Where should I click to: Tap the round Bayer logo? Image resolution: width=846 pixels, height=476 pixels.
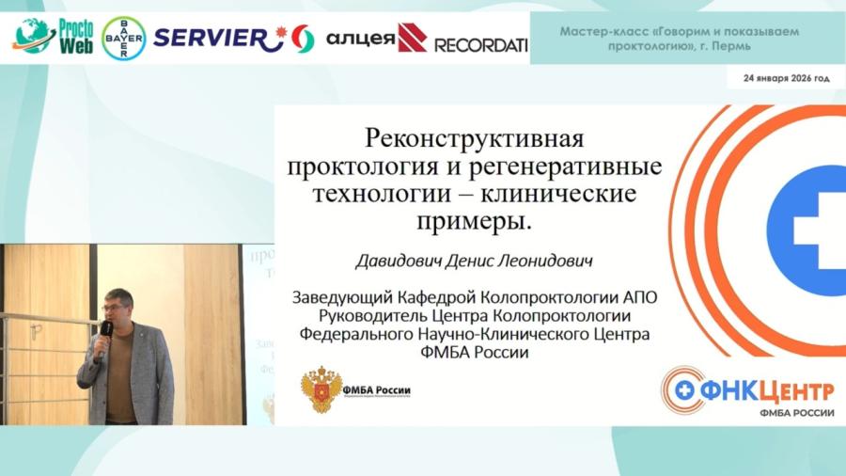123,38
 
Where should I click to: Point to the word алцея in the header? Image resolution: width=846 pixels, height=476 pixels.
361,39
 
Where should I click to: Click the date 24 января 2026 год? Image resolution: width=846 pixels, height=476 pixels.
787,79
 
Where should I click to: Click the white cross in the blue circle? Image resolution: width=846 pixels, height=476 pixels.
815,230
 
